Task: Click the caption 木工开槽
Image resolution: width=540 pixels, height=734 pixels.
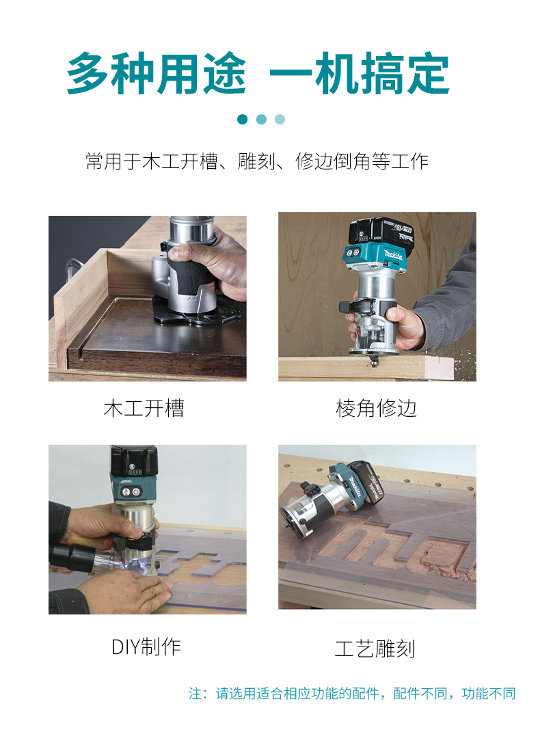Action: [x=144, y=408]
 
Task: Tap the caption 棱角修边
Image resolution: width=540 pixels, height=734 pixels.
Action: [x=376, y=408]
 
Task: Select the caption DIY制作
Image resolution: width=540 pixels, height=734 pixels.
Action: [x=146, y=647]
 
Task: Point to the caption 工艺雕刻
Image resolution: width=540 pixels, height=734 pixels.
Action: [x=375, y=649]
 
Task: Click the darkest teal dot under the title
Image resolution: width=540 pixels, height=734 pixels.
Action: [x=242, y=120]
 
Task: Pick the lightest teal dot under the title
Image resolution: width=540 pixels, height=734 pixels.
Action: [x=280, y=120]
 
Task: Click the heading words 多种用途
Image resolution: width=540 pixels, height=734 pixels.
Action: [x=157, y=74]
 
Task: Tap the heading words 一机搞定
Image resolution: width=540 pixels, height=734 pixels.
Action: [x=360, y=74]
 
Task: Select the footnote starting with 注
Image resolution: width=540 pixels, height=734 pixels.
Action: [x=352, y=693]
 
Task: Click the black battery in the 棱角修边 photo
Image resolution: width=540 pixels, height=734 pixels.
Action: [x=381, y=232]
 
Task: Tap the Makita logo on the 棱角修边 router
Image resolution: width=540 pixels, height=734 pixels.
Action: [x=393, y=255]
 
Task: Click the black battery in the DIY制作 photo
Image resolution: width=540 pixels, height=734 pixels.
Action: [x=134, y=461]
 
